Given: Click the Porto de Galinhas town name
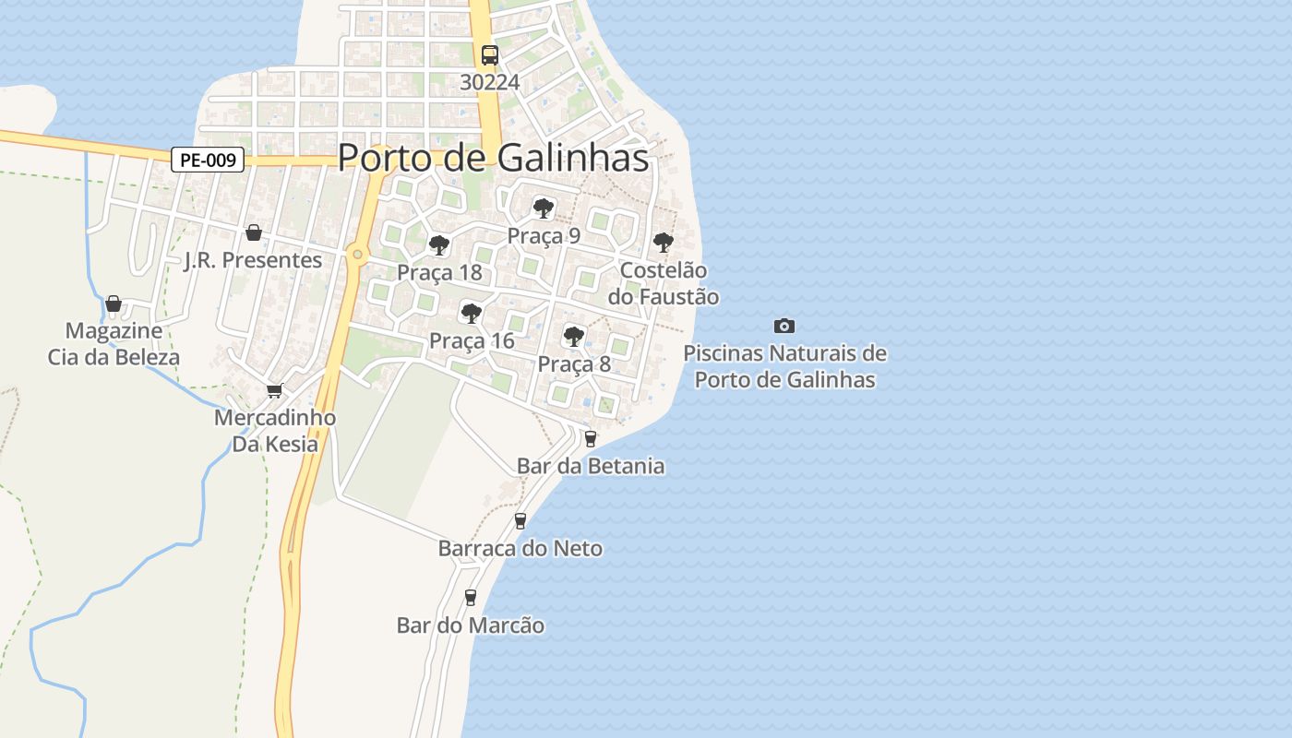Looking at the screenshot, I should pos(493,158).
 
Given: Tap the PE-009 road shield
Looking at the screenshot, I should pos(208,160).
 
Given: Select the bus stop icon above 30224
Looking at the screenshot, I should pos(489,54).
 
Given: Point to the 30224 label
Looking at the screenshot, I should pos(490,82).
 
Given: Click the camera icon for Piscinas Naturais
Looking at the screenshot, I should pos(784,326).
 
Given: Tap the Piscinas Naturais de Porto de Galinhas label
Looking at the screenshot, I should pos(784,366).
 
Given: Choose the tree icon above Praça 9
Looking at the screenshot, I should pos(543,208).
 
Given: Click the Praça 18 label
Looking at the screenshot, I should pos(439,272).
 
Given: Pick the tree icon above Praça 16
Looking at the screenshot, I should pos(471,313).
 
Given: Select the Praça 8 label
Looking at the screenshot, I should pos(574,363).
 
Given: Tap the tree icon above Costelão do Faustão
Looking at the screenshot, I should pos(663,243).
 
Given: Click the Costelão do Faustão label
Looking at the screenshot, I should pos(663,283).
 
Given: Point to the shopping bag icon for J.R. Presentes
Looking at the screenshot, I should pos(253,232).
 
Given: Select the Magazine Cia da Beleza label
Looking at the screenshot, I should pos(114,343).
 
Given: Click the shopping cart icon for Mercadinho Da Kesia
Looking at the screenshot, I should pos(274,391).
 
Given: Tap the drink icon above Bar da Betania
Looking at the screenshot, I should pos(591,438).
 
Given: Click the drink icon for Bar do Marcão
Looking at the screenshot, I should pos(471,598).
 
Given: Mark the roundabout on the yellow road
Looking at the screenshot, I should pos(357,254).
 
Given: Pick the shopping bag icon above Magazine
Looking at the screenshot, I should pos(114,303).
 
